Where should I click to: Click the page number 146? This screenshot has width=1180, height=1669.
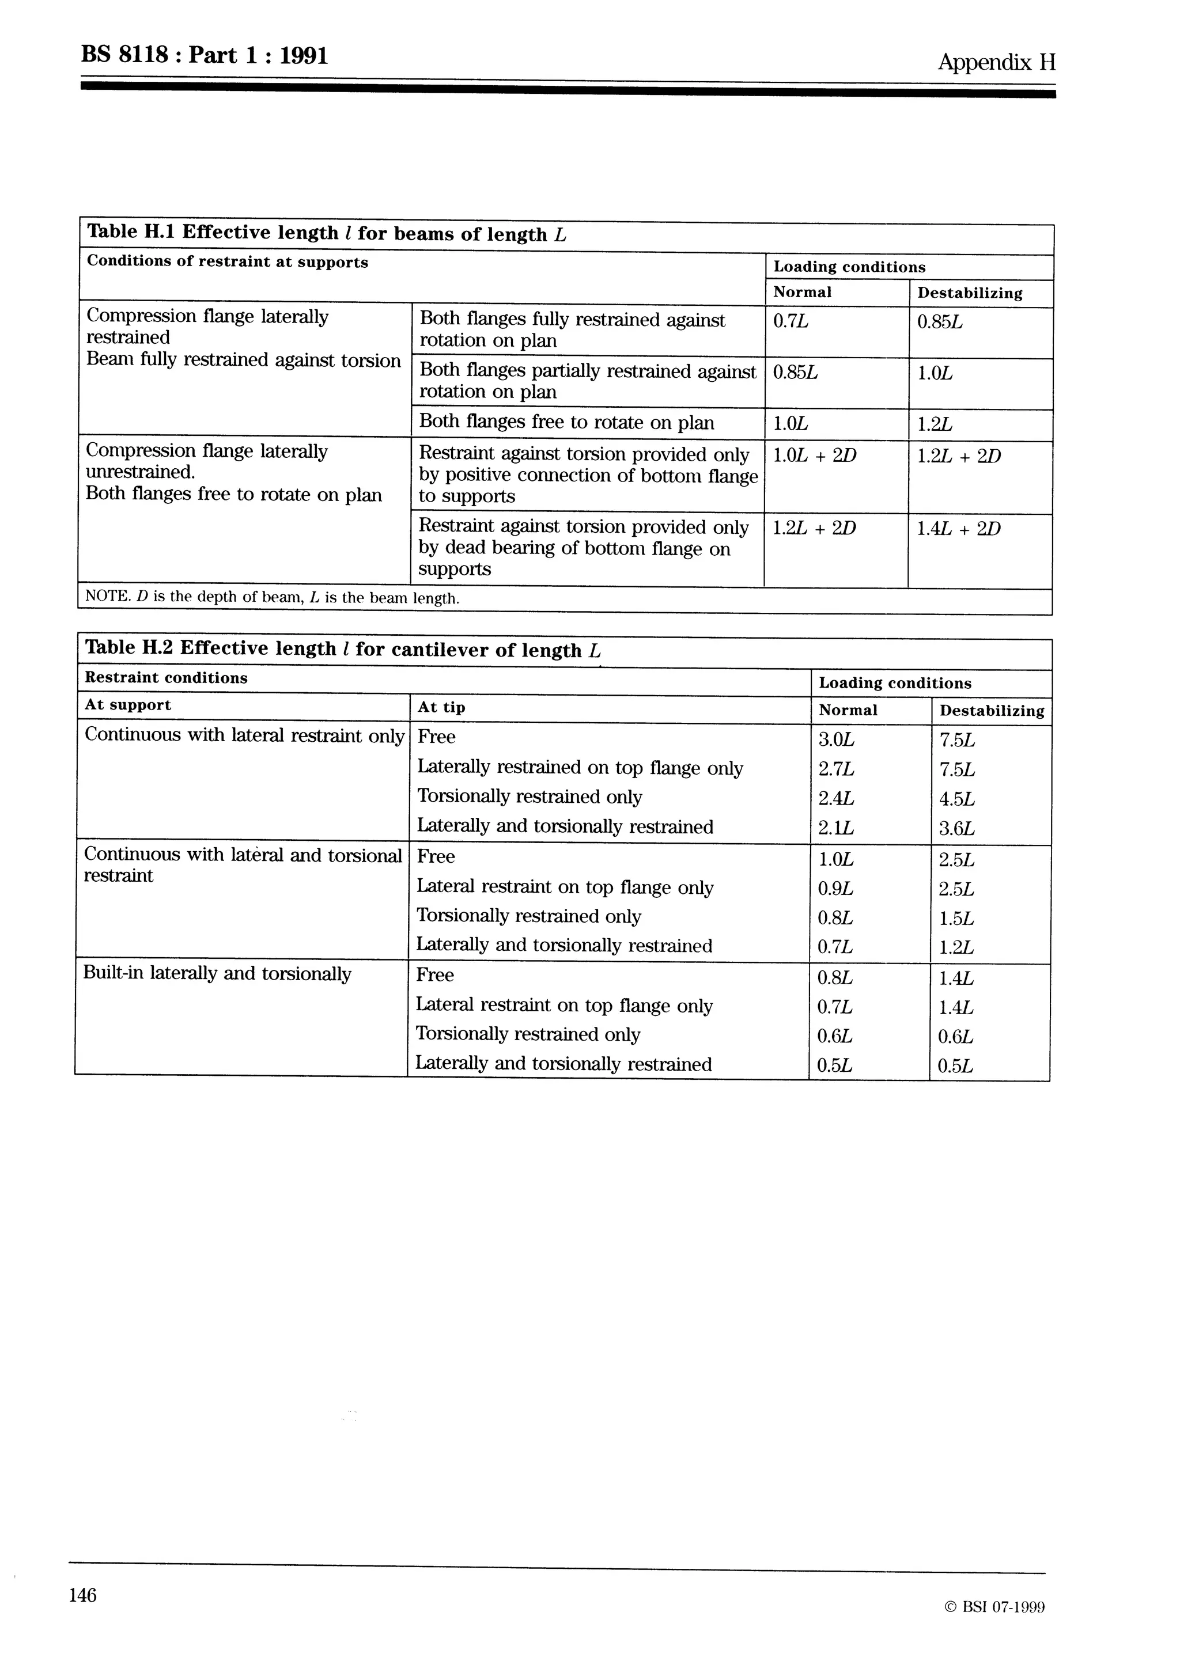(x=82, y=1595)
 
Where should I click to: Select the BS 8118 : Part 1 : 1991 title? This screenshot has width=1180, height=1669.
(x=205, y=55)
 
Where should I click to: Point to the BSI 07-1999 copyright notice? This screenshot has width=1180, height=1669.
(x=994, y=1607)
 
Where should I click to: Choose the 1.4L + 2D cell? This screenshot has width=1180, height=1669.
(x=958, y=529)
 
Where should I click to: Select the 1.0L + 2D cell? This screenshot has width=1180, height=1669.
(x=814, y=456)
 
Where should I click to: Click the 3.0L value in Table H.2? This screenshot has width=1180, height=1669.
(x=836, y=739)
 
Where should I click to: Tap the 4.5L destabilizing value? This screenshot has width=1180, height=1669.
(x=956, y=799)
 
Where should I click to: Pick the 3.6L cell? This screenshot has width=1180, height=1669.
(x=956, y=829)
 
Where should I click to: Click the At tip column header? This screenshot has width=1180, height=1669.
(x=441, y=707)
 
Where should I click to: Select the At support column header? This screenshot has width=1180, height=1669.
(x=128, y=705)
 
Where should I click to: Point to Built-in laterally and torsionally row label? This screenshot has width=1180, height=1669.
(x=217, y=973)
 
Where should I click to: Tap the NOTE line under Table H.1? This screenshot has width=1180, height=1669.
(x=272, y=598)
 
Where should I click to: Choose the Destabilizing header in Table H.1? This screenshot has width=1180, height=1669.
(x=969, y=293)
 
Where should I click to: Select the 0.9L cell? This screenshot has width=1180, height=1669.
(x=835, y=888)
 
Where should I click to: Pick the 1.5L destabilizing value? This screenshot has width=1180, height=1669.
(x=956, y=918)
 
